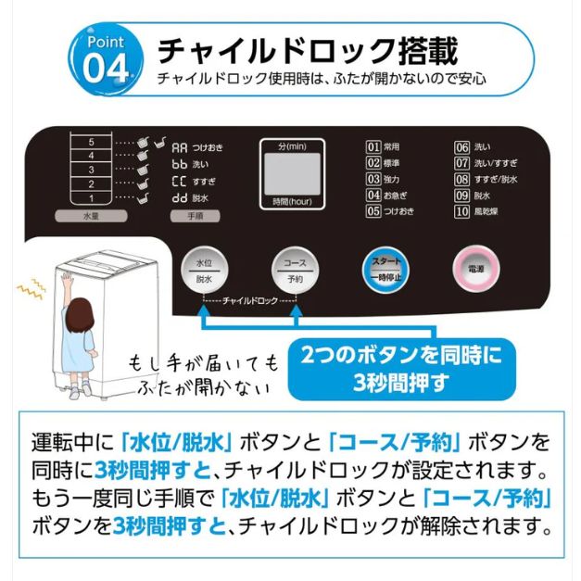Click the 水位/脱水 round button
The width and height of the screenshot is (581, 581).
click(x=205, y=270)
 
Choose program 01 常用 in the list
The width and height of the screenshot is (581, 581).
click(x=384, y=147)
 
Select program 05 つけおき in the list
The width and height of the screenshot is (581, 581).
click(x=390, y=211)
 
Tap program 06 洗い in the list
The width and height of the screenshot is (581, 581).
click(x=472, y=147)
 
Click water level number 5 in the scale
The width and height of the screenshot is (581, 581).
click(x=91, y=143)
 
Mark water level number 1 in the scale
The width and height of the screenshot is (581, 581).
click(x=91, y=197)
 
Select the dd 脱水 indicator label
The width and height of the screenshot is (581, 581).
click(x=189, y=198)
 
